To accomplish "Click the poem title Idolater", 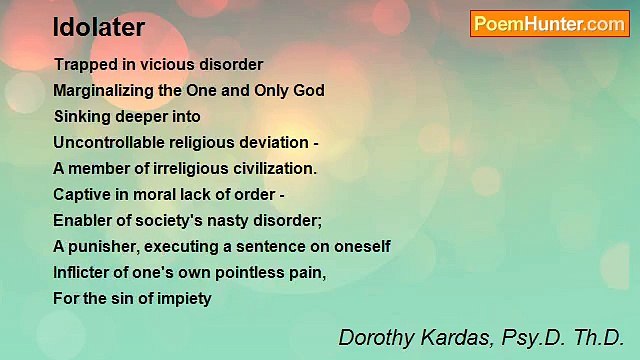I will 99,27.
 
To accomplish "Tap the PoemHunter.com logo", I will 549,24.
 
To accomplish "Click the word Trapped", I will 83,64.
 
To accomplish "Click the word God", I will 308,90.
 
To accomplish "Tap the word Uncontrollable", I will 111,142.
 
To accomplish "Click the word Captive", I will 81,194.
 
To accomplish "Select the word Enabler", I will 83,220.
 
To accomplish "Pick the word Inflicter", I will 83,272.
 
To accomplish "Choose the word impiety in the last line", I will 185,298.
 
